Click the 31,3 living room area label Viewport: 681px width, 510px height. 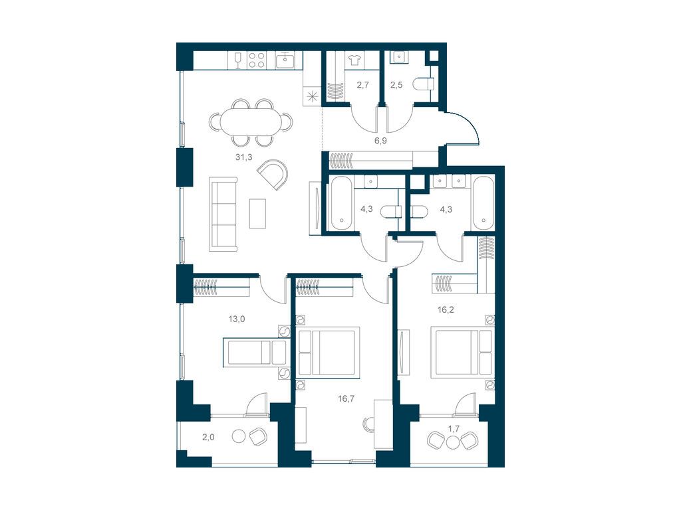243,157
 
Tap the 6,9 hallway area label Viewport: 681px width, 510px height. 380,141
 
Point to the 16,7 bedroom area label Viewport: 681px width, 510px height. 346,398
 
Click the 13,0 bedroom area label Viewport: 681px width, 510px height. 237,319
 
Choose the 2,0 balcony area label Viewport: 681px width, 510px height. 208,438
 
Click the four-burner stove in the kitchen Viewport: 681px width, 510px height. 256,60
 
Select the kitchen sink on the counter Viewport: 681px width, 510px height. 286,60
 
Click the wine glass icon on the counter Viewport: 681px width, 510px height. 237,60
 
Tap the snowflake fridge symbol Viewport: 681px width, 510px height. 312,97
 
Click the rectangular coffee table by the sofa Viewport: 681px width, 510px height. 257,213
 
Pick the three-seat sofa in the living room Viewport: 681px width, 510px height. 223,214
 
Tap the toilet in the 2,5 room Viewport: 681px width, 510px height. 424,84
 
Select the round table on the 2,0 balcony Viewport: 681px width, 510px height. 239,436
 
